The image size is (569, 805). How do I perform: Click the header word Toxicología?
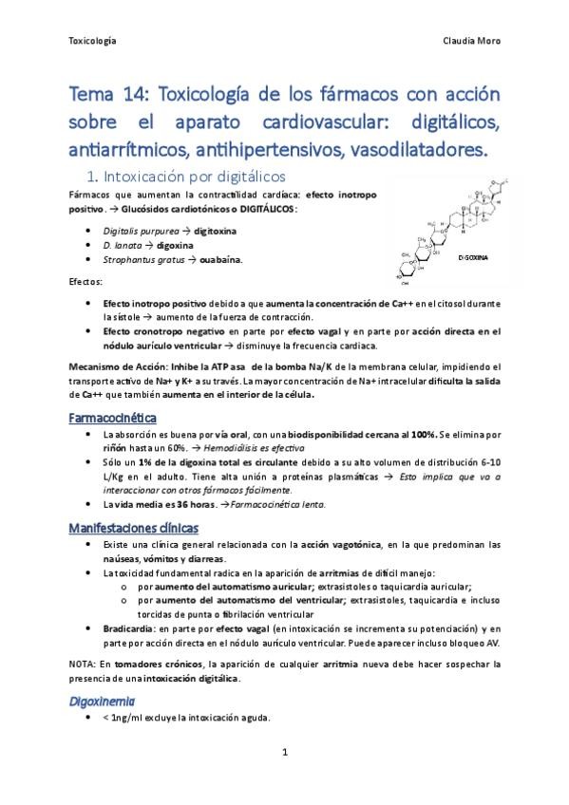click(x=93, y=41)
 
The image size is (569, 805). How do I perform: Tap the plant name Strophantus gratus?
click(x=146, y=259)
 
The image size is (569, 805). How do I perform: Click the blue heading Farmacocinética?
click(x=112, y=418)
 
